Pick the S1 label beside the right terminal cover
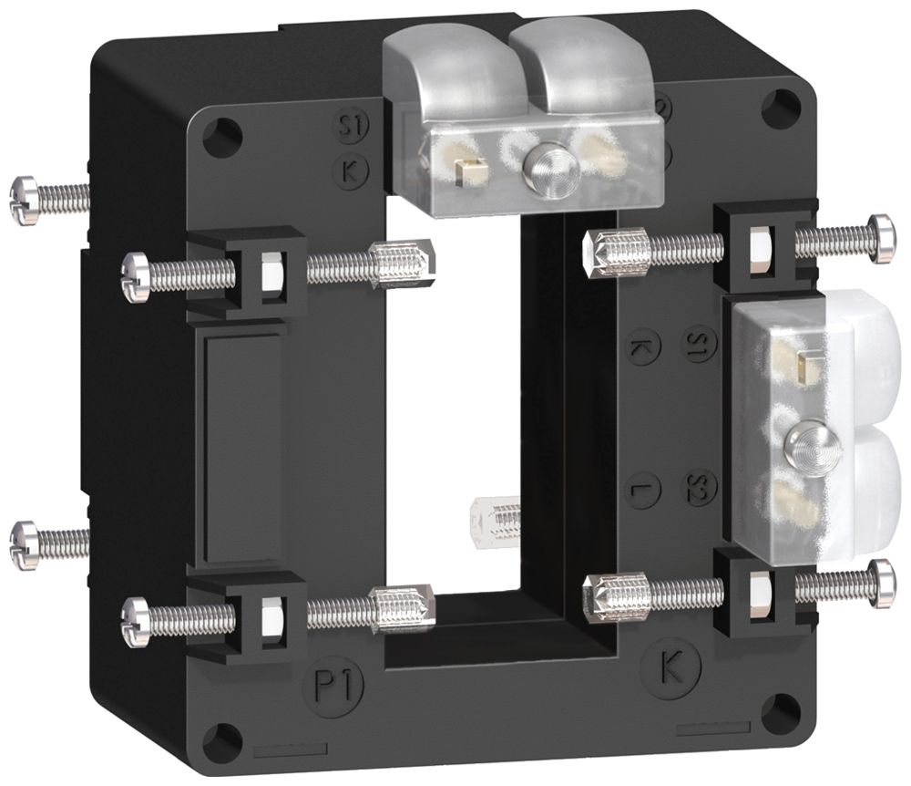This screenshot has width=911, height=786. click(x=701, y=344)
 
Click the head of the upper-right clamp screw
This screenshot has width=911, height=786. click(x=881, y=238)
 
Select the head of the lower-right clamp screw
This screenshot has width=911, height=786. click(x=881, y=583)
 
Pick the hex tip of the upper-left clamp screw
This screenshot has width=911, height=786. click(x=403, y=264)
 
